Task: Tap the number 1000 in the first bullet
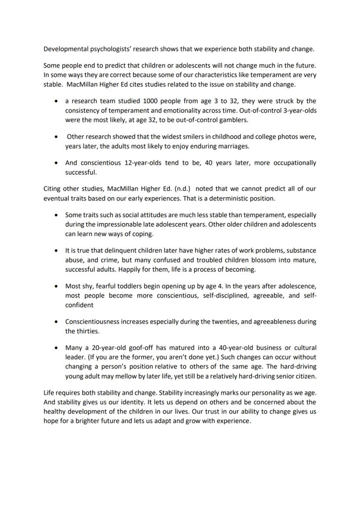pyautogui.click(x=143, y=101)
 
